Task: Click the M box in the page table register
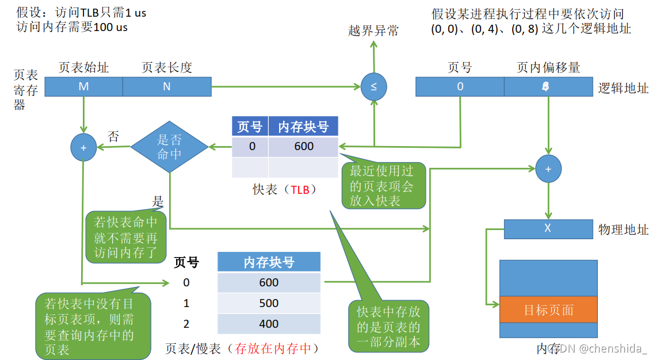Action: (83, 87)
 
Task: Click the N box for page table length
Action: (167, 87)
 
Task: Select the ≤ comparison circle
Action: (373, 87)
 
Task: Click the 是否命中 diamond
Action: (169, 146)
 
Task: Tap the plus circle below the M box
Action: (83, 148)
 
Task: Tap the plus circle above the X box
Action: (548, 169)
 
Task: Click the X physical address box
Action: (547, 228)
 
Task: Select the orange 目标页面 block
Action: (548, 310)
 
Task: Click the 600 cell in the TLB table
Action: (303, 146)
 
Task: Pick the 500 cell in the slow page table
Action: (269, 303)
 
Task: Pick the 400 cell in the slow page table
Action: (269, 324)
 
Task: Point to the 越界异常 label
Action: (373, 31)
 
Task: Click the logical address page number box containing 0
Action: (460, 87)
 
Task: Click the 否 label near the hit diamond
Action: (114, 137)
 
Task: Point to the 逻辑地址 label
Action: (623, 88)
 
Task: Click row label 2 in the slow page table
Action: (186, 324)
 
